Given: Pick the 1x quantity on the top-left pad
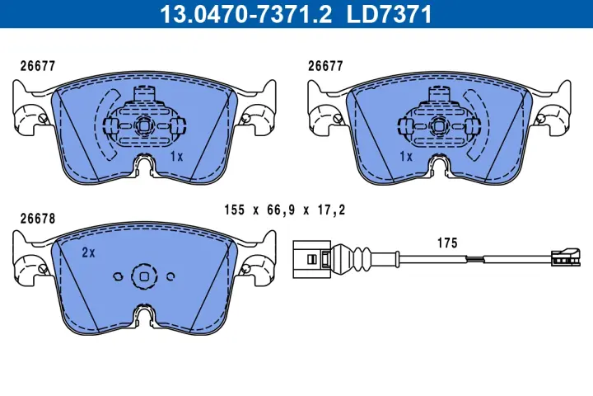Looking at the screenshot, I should coord(175,155).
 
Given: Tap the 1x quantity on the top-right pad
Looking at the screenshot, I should coord(405,155).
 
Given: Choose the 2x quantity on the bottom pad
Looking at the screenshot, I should coord(88,253).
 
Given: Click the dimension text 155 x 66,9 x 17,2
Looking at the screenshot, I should coord(284,210).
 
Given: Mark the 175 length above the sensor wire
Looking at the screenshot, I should coord(447,243).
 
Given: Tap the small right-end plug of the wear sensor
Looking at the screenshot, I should coord(563,258).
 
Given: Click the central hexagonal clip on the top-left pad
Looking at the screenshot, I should coord(144,125).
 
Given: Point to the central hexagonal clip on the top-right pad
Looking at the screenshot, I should coord(437,125).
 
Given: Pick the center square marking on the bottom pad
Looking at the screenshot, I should coord(144,277).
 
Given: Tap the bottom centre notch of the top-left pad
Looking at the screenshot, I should coord(144,168).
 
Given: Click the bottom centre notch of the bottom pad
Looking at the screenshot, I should coord(144,319).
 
